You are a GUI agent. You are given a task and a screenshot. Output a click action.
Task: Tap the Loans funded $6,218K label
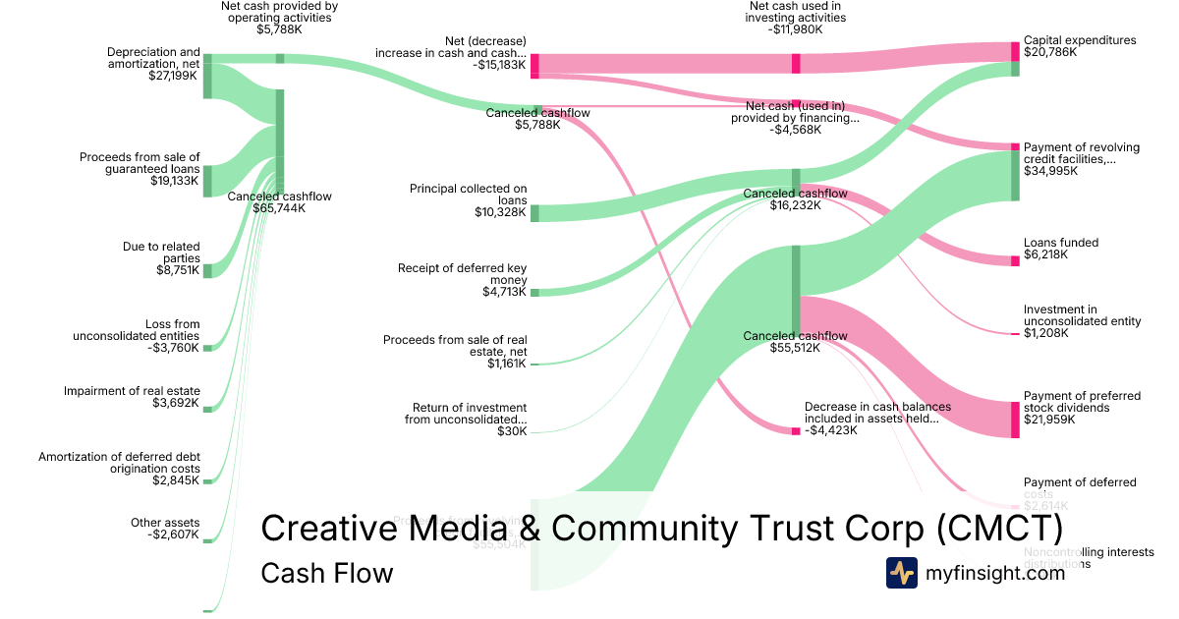point(1061,249)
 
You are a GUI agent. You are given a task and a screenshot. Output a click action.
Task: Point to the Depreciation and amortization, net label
point(153,63)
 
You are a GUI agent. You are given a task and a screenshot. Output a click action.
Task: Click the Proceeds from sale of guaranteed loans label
point(140,169)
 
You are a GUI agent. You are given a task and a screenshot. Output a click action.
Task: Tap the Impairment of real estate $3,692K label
point(132,397)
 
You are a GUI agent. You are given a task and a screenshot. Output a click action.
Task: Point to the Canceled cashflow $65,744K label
point(280,202)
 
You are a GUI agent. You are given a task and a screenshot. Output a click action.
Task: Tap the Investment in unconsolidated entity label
point(1082,321)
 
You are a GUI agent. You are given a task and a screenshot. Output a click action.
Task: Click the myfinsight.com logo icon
point(901,573)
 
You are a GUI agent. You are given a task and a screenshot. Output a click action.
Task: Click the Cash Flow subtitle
point(326,573)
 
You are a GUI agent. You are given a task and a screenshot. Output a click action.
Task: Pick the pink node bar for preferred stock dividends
point(1015,419)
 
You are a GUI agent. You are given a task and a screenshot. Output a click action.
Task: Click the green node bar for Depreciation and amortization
point(207,77)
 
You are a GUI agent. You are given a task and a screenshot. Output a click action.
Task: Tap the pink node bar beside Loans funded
point(1015,260)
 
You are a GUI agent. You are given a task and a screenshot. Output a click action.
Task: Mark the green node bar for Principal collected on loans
point(534,213)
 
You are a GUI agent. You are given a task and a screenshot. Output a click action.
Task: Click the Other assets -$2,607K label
point(165,529)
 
